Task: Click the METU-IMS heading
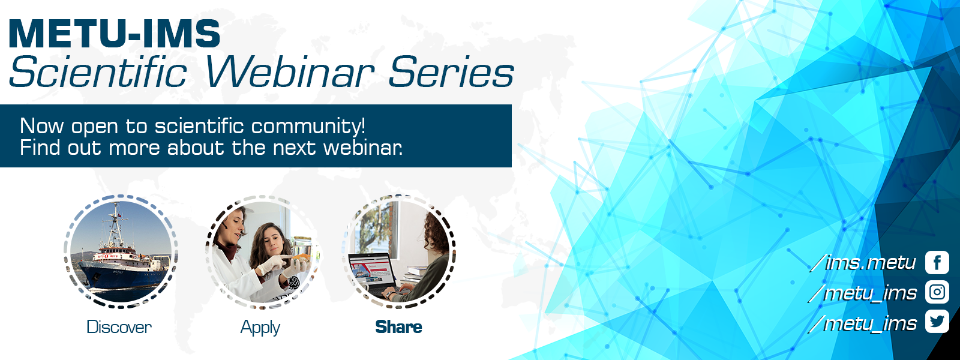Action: click(115, 34)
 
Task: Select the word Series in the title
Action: click(451, 72)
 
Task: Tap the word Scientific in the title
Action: click(98, 72)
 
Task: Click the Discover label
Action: click(119, 327)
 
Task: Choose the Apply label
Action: click(260, 328)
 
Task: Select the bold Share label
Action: click(398, 327)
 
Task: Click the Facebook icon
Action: click(937, 262)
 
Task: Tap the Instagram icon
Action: click(937, 292)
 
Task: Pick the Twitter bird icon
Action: click(937, 322)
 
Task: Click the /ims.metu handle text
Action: click(863, 262)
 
